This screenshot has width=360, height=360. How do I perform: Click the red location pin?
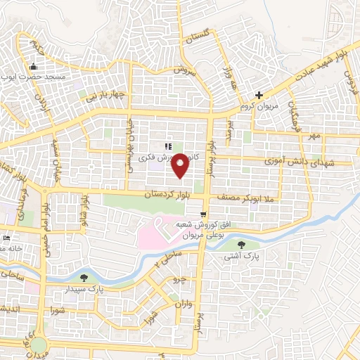click(x=180, y=165)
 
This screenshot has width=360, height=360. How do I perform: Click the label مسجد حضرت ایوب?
click(x=42, y=76)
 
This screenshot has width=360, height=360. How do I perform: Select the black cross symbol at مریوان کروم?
click(x=259, y=95)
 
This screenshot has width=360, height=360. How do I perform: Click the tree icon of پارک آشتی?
click(x=242, y=245)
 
